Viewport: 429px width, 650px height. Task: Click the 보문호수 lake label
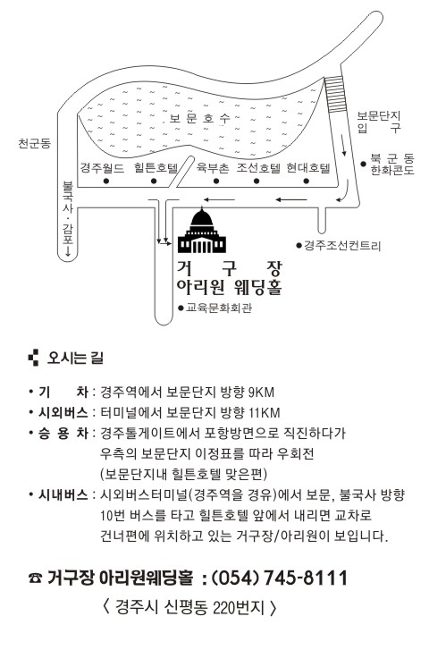(x=200, y=119)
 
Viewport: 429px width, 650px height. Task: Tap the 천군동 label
(x=34, y=143)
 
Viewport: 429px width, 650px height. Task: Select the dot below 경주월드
(x=106, y=181)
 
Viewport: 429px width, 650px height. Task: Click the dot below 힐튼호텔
(x=154, y=181)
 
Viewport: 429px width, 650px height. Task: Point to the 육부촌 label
(x=212, y=168)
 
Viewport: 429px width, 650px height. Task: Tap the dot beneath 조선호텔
(x=257, y=181)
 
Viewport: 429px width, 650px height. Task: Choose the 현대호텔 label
(x=308, y=168)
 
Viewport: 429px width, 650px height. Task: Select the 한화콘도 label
(x=392, y=170)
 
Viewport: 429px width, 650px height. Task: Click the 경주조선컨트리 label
(x=342, y=246)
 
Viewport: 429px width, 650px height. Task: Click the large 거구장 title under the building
(x=229, y=268)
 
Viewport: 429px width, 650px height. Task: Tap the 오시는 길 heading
(x=75, y=359)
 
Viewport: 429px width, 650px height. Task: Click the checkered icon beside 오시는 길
(x=33, y=359)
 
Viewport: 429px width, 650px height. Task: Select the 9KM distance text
(x=261, y=392)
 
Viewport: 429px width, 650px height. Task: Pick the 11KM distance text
(x=264, y=412)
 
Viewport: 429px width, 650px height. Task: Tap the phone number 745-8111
(x=305, y=578)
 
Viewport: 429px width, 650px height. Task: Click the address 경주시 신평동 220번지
(x=189, y=607)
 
